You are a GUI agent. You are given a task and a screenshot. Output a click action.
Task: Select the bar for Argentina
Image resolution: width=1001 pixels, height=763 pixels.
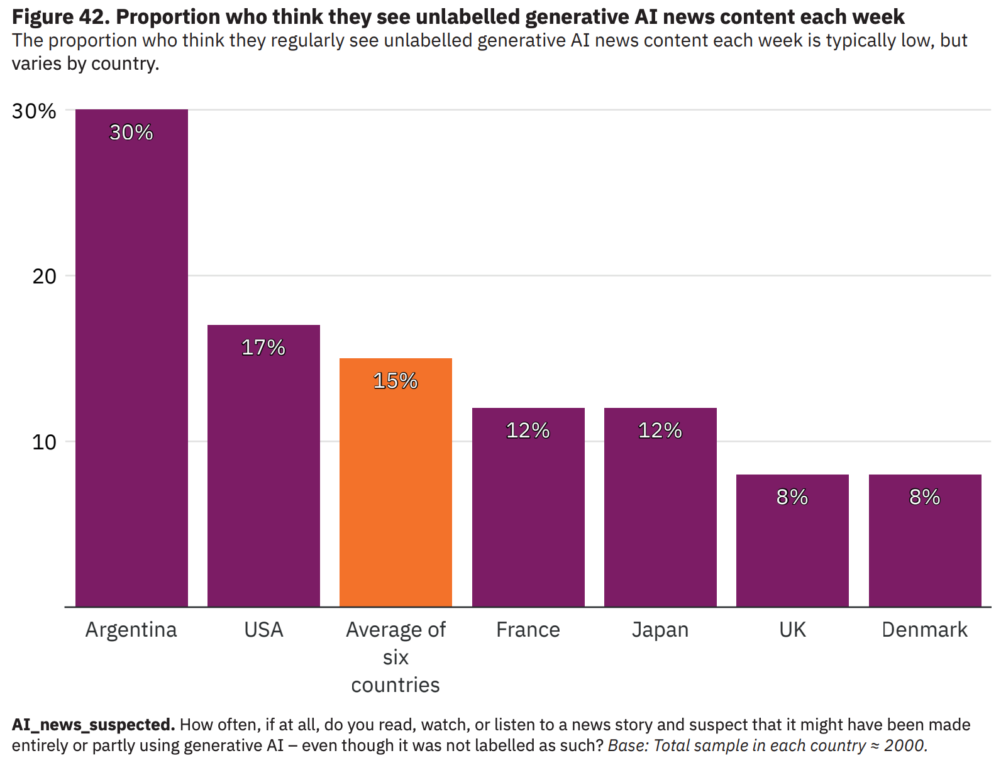click(x=131, y=358)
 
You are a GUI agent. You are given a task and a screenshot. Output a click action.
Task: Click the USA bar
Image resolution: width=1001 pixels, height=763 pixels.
click(x=263, y=466)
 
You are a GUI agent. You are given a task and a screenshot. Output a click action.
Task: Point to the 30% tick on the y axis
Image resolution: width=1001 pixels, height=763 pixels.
click(x=34, y=111)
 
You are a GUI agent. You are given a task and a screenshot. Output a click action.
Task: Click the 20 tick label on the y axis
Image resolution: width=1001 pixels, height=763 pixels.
click(x=44, y=276)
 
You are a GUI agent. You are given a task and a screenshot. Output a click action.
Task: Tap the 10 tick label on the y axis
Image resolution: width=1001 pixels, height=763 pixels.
click(x=44, y=442)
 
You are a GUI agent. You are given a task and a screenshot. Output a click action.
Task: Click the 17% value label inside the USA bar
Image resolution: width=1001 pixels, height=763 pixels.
click(x=263, y=348)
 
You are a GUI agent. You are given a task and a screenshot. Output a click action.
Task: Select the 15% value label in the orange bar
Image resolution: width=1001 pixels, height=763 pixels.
click(x=395, y=381)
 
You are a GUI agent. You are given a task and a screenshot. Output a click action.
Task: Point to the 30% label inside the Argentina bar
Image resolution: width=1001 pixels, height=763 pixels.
click(x=131, y=133)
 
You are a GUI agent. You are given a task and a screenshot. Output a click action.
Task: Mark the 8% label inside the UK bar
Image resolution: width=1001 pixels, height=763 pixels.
click(x=792, y=497)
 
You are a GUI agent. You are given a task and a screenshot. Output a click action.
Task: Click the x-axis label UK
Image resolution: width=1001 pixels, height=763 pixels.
click(x=792, y=630)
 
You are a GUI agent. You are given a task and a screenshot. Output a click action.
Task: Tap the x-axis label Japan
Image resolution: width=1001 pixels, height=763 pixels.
click(x=660, y=630)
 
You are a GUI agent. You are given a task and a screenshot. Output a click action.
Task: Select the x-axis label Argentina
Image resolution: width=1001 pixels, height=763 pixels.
click(x=131, y=630)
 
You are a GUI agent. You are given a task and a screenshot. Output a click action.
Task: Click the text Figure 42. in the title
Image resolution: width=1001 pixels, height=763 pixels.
click(x=61, y=17)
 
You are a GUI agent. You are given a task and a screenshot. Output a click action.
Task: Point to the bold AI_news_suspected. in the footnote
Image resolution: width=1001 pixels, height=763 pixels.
click(x=93, y=725)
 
